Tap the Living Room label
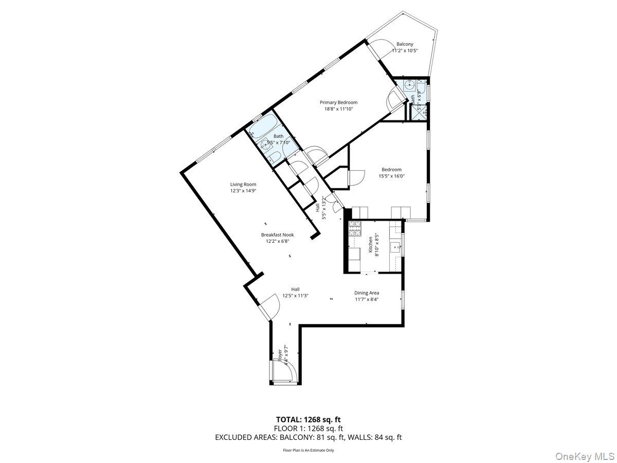(x=243, y=184)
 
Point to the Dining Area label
(x=367, y=293)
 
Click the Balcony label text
(x=405, y=44)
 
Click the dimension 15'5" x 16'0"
(x=391, y=176)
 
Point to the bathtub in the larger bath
(x=263, y=126)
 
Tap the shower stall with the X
(x=418, y=112)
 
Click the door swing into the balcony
(x=378, y=51)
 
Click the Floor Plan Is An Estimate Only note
(x=308, y=450)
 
